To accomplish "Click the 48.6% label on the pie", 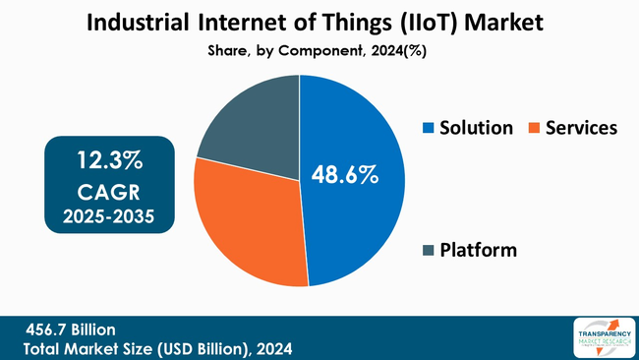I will tap(344, 176).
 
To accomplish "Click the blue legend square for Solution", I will tap(428, 129).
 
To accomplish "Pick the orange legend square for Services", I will tap(534, 129).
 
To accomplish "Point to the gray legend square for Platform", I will tap(428, 251).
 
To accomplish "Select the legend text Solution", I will tap(477, 128).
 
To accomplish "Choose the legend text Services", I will tap(581, 128).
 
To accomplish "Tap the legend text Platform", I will tap(479, 250).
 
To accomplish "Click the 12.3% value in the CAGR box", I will tap(109, 158).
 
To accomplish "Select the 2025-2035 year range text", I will tap(109, 215).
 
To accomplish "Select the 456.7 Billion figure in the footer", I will tap(71, 330).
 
